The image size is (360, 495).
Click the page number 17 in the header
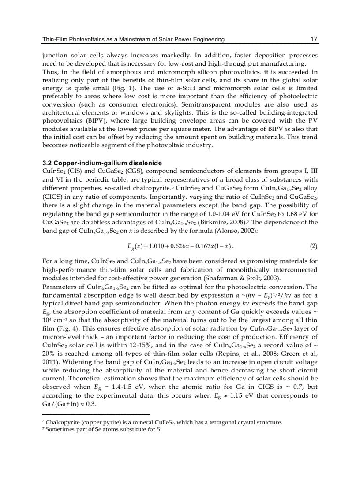click(x=314, y=40)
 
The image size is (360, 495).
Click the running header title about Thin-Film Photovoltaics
click(x=133, y=40)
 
